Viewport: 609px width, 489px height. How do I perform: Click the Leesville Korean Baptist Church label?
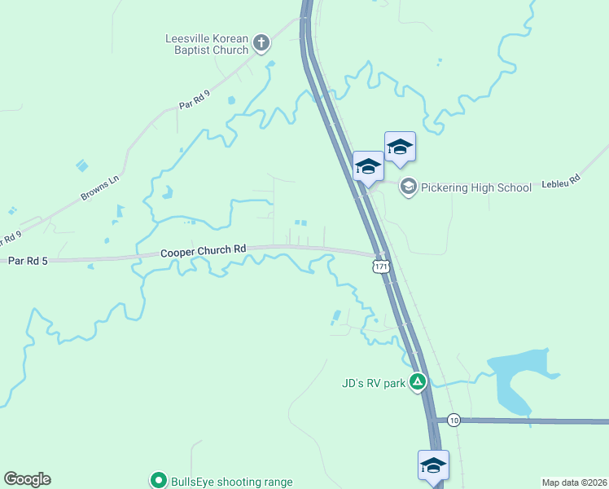click(x=207, y=44)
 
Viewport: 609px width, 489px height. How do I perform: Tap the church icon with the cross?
click(x=261, y=42)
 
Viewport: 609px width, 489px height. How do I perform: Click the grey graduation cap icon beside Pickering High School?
click(x=408, y=187)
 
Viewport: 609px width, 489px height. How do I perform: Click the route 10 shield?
click(x=453, y=420)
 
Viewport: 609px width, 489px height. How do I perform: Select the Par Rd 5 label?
click(x=28, y=261)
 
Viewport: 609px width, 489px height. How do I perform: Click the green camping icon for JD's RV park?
click(x=418, y=381)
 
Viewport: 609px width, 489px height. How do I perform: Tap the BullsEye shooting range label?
click(x=231, y=482)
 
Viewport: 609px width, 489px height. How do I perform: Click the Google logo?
click(x=27, y=479)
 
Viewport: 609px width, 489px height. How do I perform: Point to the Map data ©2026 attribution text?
click(x=574, y=482)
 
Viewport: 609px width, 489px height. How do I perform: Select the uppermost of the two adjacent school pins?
click(x=400, y=148)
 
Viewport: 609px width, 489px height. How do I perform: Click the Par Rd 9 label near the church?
click(x=195, y=100)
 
